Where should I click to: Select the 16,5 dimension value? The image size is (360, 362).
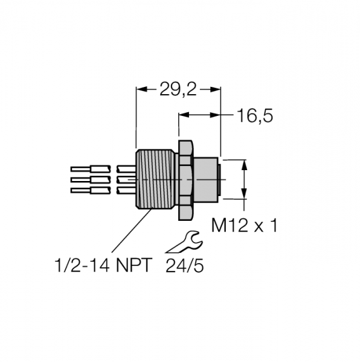255,116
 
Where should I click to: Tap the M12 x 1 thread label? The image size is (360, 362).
244,226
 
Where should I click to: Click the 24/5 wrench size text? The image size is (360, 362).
185,265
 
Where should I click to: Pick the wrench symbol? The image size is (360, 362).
184,242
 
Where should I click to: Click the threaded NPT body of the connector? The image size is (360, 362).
155,179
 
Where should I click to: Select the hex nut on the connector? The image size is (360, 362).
185,180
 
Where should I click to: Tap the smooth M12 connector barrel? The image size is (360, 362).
206,179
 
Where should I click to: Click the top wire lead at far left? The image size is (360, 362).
91,169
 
